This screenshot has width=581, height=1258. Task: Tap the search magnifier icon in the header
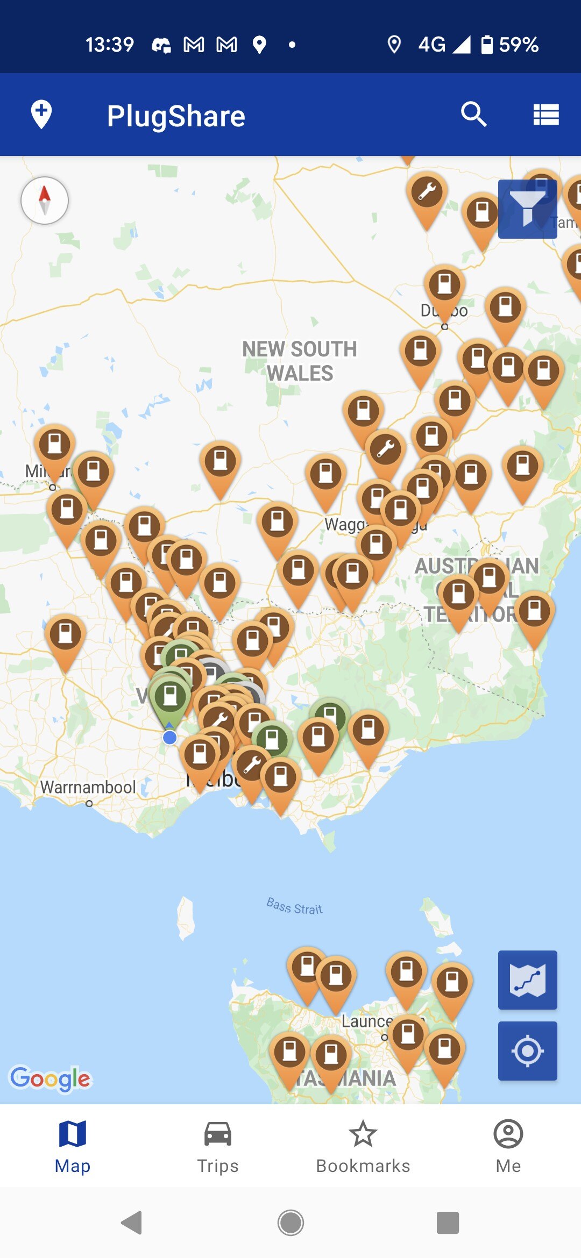(x=473, y=114)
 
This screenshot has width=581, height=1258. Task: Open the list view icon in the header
(x=545, y=115)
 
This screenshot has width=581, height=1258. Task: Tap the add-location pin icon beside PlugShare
(x=41, y=114)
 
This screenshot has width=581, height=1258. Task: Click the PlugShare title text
(x=176, y=116)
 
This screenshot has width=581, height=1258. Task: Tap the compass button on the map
(x=45, y=200)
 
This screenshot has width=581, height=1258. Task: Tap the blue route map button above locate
(x=527, y=980)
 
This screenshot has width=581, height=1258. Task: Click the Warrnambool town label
(x=88, y=787)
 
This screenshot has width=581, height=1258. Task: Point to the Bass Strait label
(x=294, y=906)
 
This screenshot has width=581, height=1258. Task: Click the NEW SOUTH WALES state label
(x=300, y=361)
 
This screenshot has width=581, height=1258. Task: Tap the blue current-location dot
(x=170, y=738)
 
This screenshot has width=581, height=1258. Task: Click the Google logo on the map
(x=51, y=1078)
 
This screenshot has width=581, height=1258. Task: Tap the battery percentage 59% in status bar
(x=519, y=45)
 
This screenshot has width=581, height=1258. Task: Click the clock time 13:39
(x=110, y=45)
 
